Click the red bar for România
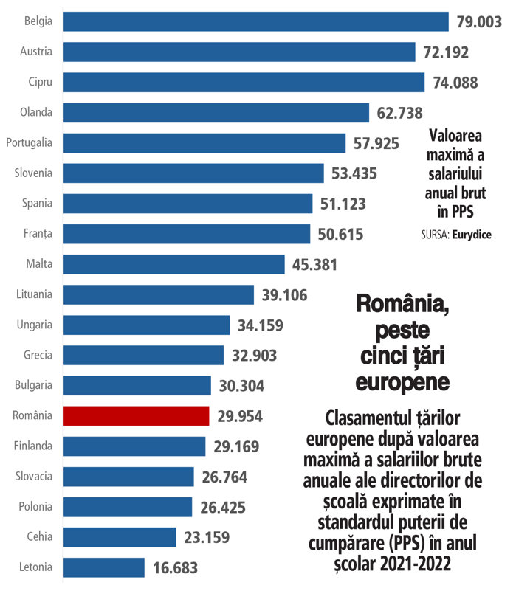point(137,416)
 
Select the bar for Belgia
point(256,21)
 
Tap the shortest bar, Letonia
point(104,567)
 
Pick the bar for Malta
point(174,264)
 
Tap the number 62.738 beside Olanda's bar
point(399,113)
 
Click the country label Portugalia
point(29,142)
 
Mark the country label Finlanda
point(33,446)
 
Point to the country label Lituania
point(34,294)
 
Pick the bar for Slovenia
point(193,173)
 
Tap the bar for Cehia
point(120,536)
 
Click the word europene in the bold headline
point(402,383)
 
